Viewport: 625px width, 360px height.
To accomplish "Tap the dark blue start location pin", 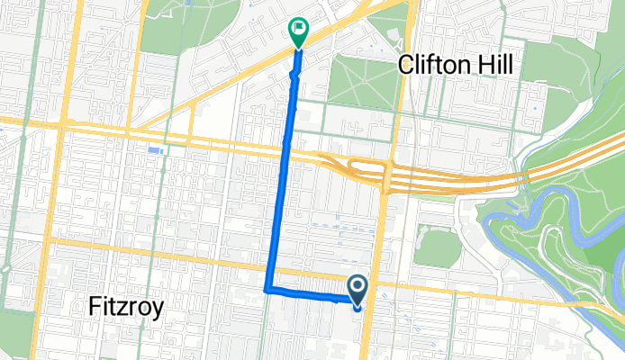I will coord(358,290).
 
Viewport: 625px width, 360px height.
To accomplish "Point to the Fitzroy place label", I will coord(126,307).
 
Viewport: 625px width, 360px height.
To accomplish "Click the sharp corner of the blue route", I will coord(267,290).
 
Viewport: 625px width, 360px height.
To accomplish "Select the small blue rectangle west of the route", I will coord(157,149).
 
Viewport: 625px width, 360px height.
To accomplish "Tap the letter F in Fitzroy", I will coord(95,307).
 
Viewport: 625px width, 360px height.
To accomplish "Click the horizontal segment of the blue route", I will coord(311,293).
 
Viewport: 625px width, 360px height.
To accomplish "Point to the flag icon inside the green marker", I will coord(297,29).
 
